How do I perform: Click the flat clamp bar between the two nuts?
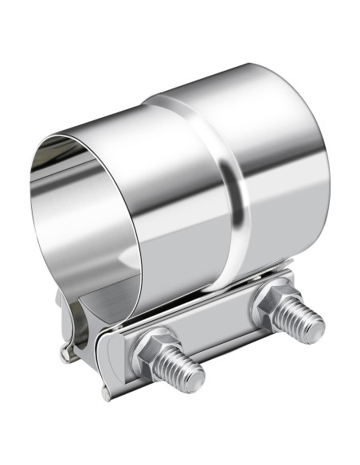[x=211, y=334]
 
